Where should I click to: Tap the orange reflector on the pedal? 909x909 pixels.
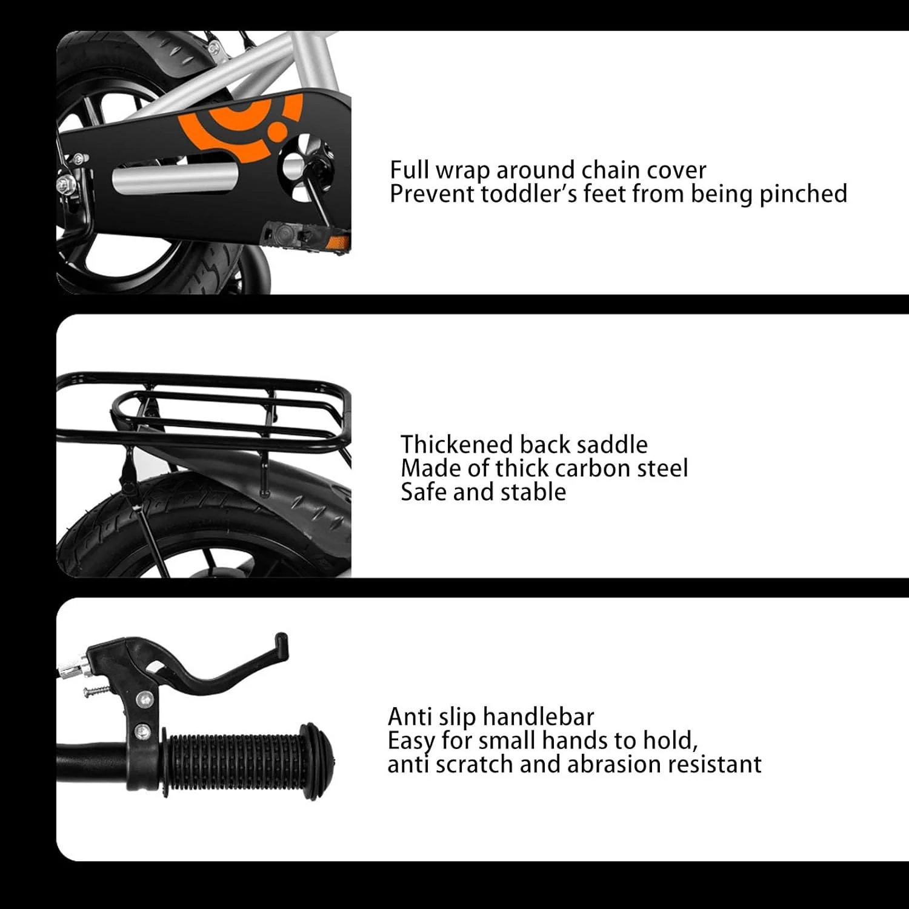[x=335, y=243]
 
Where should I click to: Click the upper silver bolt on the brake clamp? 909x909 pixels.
[x=144, y=701]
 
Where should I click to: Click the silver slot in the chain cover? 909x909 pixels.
[x=175, y=178]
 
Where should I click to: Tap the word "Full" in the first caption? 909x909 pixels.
[x=410, y=170]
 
